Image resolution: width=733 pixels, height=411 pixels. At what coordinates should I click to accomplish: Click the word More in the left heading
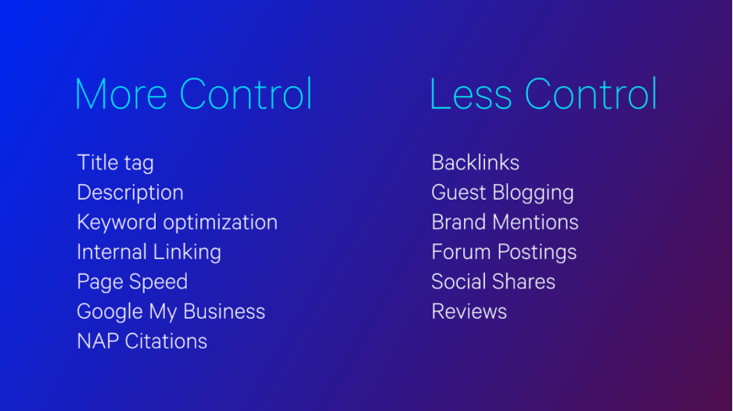121,94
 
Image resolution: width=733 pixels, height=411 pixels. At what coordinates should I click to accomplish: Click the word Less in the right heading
471,94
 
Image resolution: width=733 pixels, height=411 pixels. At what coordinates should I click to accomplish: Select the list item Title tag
115,163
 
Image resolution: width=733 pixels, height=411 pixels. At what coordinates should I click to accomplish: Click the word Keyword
117,222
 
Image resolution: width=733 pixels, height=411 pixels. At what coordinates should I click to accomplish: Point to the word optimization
220,222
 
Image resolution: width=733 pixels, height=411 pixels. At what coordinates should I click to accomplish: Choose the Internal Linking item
149,253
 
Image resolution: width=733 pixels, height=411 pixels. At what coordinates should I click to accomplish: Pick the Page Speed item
132,282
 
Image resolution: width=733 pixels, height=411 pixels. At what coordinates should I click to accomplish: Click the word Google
110,312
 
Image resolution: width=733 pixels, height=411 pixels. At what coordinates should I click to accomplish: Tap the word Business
224,312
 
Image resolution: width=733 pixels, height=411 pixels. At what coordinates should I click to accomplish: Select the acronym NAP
98,341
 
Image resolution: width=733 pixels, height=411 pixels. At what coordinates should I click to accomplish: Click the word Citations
166,341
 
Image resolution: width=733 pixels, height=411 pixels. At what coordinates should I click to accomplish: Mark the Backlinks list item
476,163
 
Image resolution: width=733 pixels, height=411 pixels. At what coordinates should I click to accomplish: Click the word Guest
458,193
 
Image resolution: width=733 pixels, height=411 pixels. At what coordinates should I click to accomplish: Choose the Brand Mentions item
505,222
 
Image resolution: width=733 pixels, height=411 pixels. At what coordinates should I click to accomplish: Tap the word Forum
462,252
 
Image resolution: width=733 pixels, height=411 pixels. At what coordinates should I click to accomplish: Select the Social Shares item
493,282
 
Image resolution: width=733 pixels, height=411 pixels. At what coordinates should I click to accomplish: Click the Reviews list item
469,312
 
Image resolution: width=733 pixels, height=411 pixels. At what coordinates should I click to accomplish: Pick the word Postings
537,253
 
